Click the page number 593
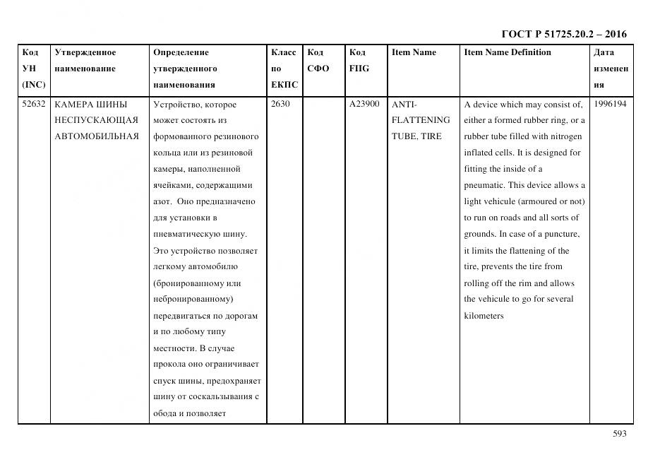click(x=618, y=434)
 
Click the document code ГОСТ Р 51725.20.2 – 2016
click(x=563, y=34)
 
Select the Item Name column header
click(x=414, y=52)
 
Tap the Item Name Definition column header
click(x=508, y=52)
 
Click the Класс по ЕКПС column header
click(x=284, y=69)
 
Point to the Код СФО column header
click(x=318, y=61)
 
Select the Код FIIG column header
click(x=359, y=61)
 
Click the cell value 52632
click(x=33, y=105)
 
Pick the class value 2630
click(x=281, y=105)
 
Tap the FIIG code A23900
click(x=364, y=105)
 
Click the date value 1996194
click(x=611, y=105)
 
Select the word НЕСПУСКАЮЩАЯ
click(x=96, y=120)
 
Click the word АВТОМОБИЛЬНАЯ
click(x=96, y=136)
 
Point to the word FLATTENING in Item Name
click(x=420, y=120)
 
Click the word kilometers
click(x=484, y=316)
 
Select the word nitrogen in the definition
click(x=563, y=136)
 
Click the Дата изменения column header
click(x=611, y=69)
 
